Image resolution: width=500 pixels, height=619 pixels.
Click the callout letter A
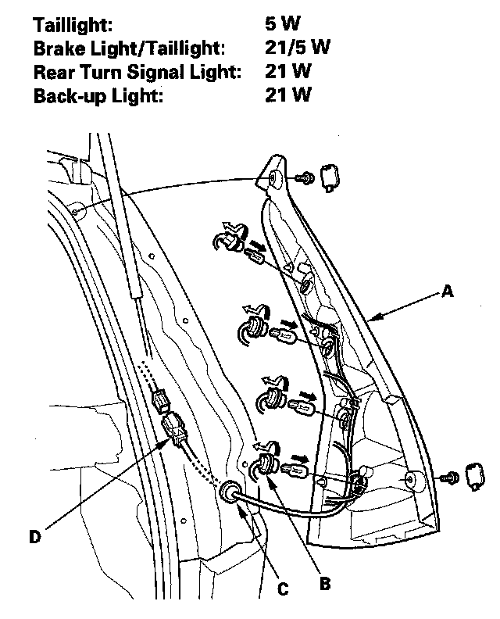pyautogui.click(x=448, y=292)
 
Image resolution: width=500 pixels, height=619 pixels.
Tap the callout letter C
pyautogui.click(x=282, y=588)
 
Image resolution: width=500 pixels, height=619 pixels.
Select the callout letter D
pyautogui.click(x=34, y=537)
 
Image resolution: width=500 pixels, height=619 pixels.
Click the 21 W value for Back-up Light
pyautogui.click(x=288, y=95)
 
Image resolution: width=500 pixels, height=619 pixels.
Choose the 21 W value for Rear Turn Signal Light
pyautogui.click(x=288, y=72)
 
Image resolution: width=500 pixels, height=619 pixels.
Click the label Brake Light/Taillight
pyautogui.click(x=129, y=48)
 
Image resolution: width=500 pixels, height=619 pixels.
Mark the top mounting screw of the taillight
pyautogui.click(x=305, y=179)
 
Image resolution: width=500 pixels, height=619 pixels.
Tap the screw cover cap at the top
pyautogui.click(x=330, y=177)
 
